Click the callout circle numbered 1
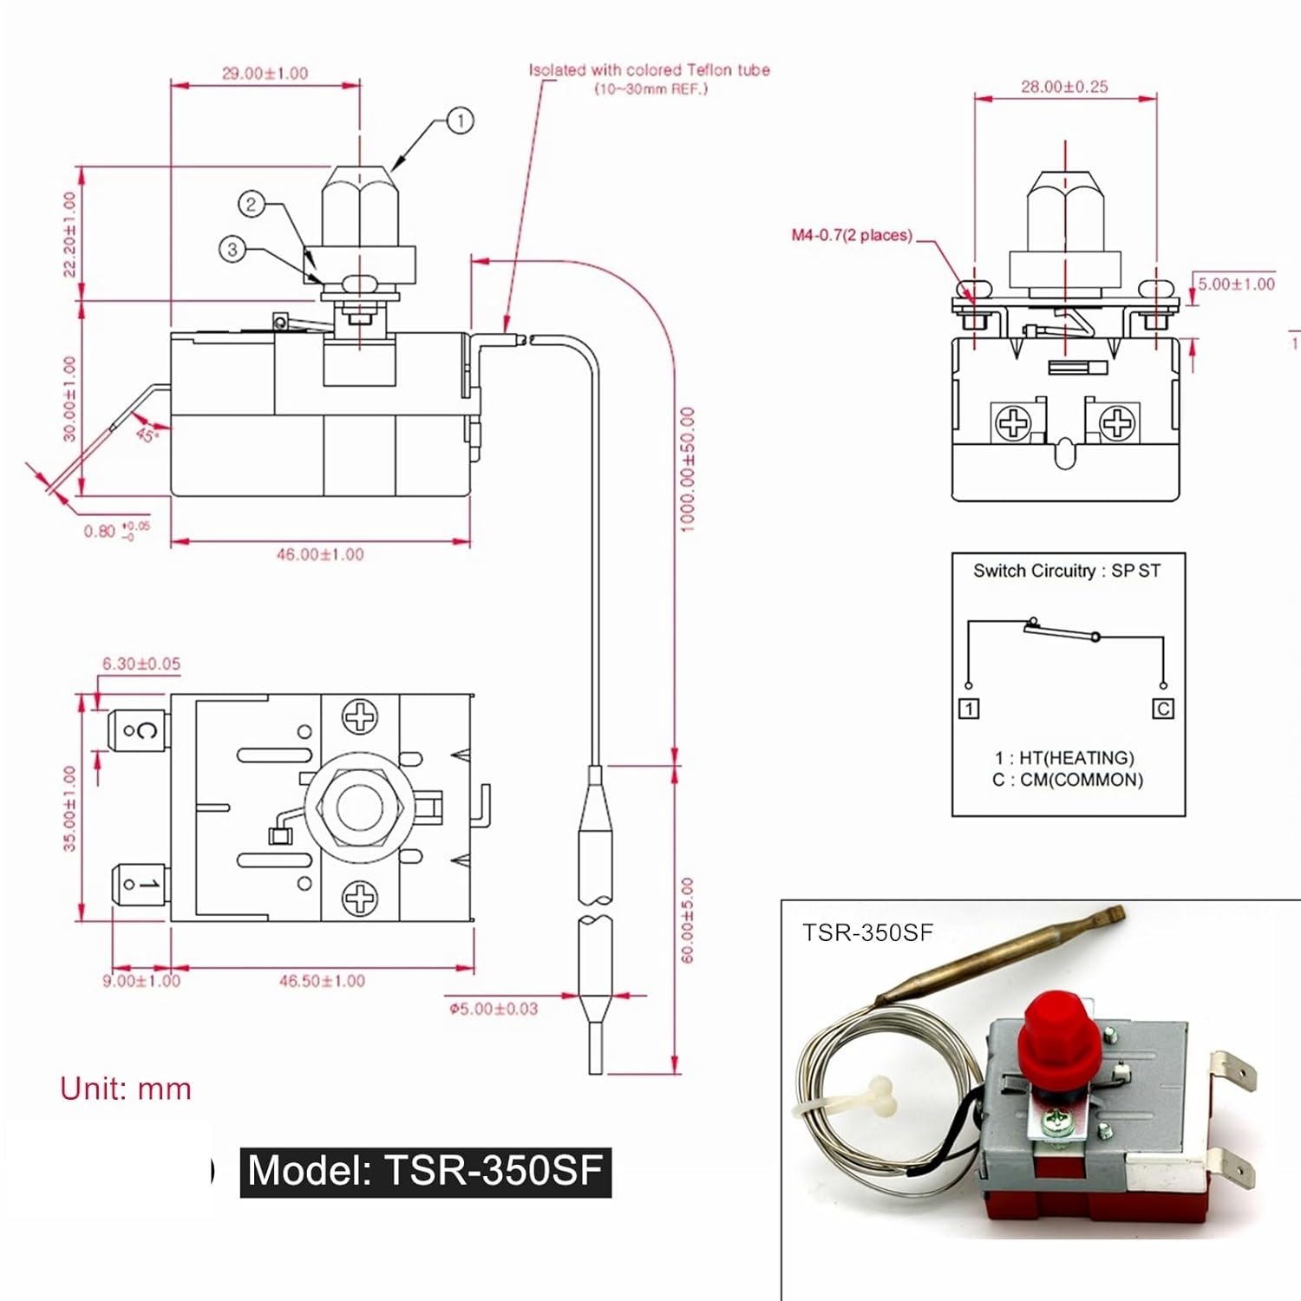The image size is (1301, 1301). coord(460,121)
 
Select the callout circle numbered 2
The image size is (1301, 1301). coord(251,205)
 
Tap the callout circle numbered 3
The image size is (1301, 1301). coord(232,250)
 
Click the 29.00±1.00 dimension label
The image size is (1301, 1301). coord(265,74)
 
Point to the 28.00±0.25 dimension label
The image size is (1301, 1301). coord(1064,87)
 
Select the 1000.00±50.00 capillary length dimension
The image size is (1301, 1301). coord(687,469)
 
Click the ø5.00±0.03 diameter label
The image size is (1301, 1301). coord(494,1009)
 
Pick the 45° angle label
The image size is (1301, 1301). coord(147,434)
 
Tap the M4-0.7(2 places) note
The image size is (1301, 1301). coord(852,235)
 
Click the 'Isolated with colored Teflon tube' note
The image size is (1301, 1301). coord(650,70)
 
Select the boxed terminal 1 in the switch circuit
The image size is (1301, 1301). coord(969,709)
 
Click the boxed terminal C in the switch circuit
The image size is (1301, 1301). coord(1163,709)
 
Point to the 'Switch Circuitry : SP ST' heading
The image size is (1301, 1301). coord(1066,571)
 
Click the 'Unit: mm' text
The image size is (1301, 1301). coord(126,1089)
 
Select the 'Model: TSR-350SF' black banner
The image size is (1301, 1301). coord(425,1171)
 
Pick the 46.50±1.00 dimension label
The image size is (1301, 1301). coord(322,981)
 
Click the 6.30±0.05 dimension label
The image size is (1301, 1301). coord(141,664)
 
